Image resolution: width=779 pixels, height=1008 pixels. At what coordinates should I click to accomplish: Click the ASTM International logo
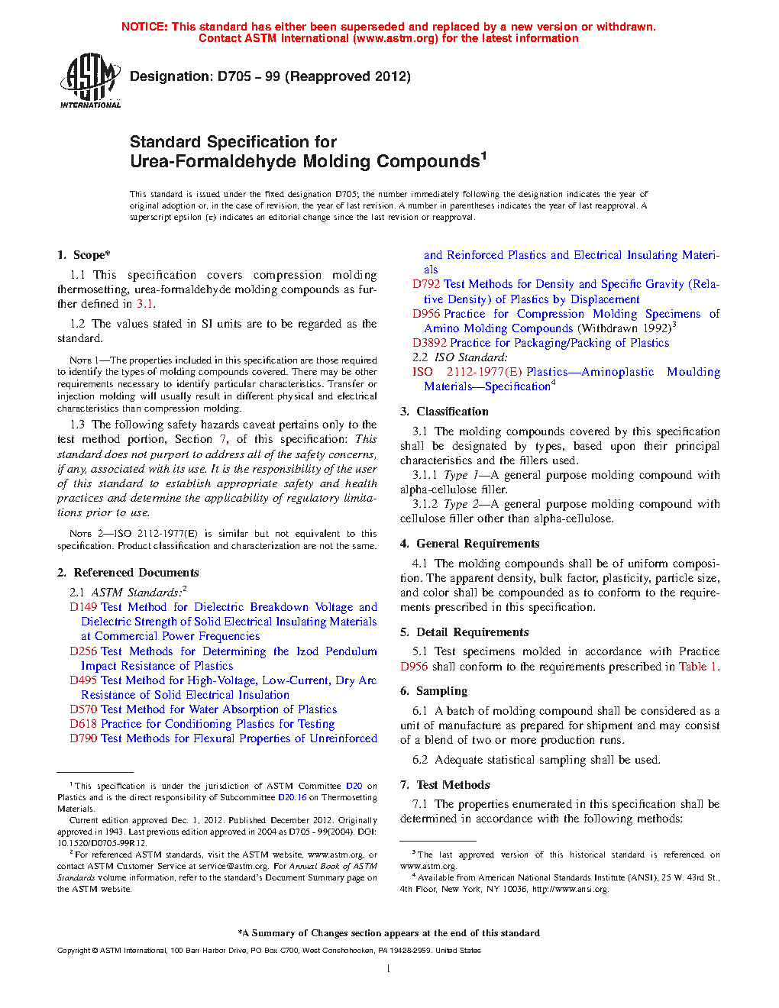[90, 80]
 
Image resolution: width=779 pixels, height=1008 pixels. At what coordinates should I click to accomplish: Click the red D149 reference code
[84, 607]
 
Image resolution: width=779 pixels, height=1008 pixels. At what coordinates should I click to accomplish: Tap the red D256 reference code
[84, 651]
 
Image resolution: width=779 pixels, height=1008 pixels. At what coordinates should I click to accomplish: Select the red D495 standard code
[84, 680]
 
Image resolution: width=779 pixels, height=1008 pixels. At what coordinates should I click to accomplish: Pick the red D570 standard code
[84, 709]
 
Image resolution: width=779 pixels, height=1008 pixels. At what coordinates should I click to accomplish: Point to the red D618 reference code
[84, 724]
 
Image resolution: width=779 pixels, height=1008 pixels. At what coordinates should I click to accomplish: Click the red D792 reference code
[427, 284]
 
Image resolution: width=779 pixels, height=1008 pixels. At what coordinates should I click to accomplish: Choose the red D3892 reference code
[430, 343]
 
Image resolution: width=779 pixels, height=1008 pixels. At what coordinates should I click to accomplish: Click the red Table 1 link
[697, 667]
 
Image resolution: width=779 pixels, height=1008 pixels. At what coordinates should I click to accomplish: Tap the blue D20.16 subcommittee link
[292, 797]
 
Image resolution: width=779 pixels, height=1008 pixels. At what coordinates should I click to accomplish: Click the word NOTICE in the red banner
[144, 27]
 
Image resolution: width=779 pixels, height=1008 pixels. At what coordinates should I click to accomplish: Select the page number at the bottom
[389, 969]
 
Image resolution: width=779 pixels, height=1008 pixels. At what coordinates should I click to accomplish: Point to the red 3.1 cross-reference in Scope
[145, 304]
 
